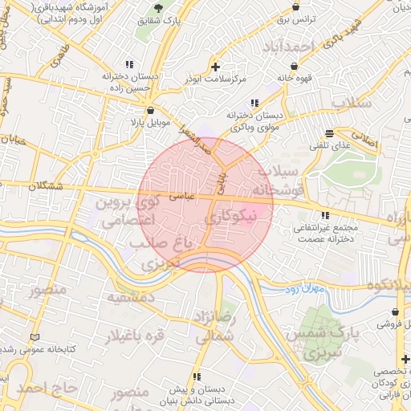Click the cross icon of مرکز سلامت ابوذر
point(214,66)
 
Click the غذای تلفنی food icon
point(329,133)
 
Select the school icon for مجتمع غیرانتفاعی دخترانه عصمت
point(325,215)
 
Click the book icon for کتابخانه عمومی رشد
point(33,336)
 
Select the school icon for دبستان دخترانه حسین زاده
point(128,65)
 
